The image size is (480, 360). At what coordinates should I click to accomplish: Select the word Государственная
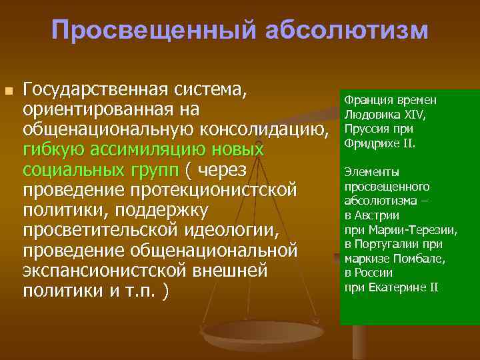pyautogui.click(x=97, y=89)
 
